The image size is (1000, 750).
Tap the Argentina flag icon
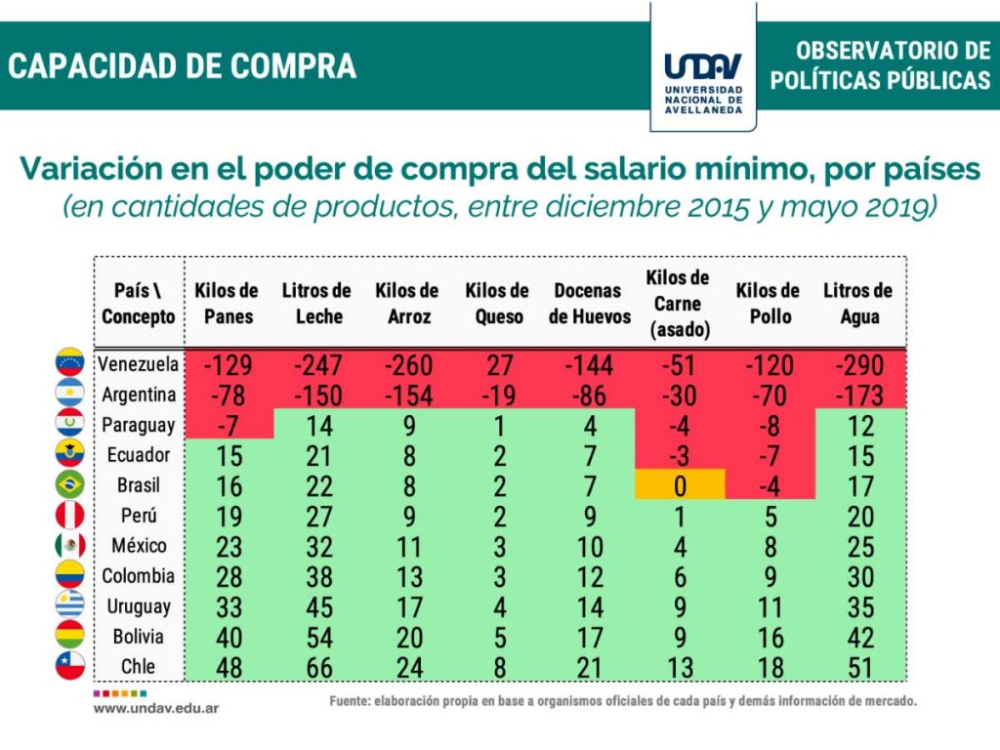pyautogui.click(x=70, y=395)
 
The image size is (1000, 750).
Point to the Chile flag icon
pyautogui.click(x=70, y=667)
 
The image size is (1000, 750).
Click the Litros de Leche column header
pyautogui.click(x=316, y=304)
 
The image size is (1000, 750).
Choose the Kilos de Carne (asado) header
pyautogui.click(x=678, y=304)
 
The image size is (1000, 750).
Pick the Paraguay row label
pyautogui.click(x=138, y=425)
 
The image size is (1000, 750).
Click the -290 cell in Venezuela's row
pyautogui.click(x=858, y=365)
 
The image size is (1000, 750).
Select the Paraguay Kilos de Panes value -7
pyautogui.click(x=229, y=425)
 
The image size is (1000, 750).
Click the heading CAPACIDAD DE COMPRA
pyautogui.click(x=182, y=65)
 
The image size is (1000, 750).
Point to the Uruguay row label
pyautogui.click(x=139, y=606)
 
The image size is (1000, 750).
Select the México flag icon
pyautogui.click(x=70, y=545)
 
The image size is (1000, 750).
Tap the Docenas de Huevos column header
pyautogui.click(x=588, y=304)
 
